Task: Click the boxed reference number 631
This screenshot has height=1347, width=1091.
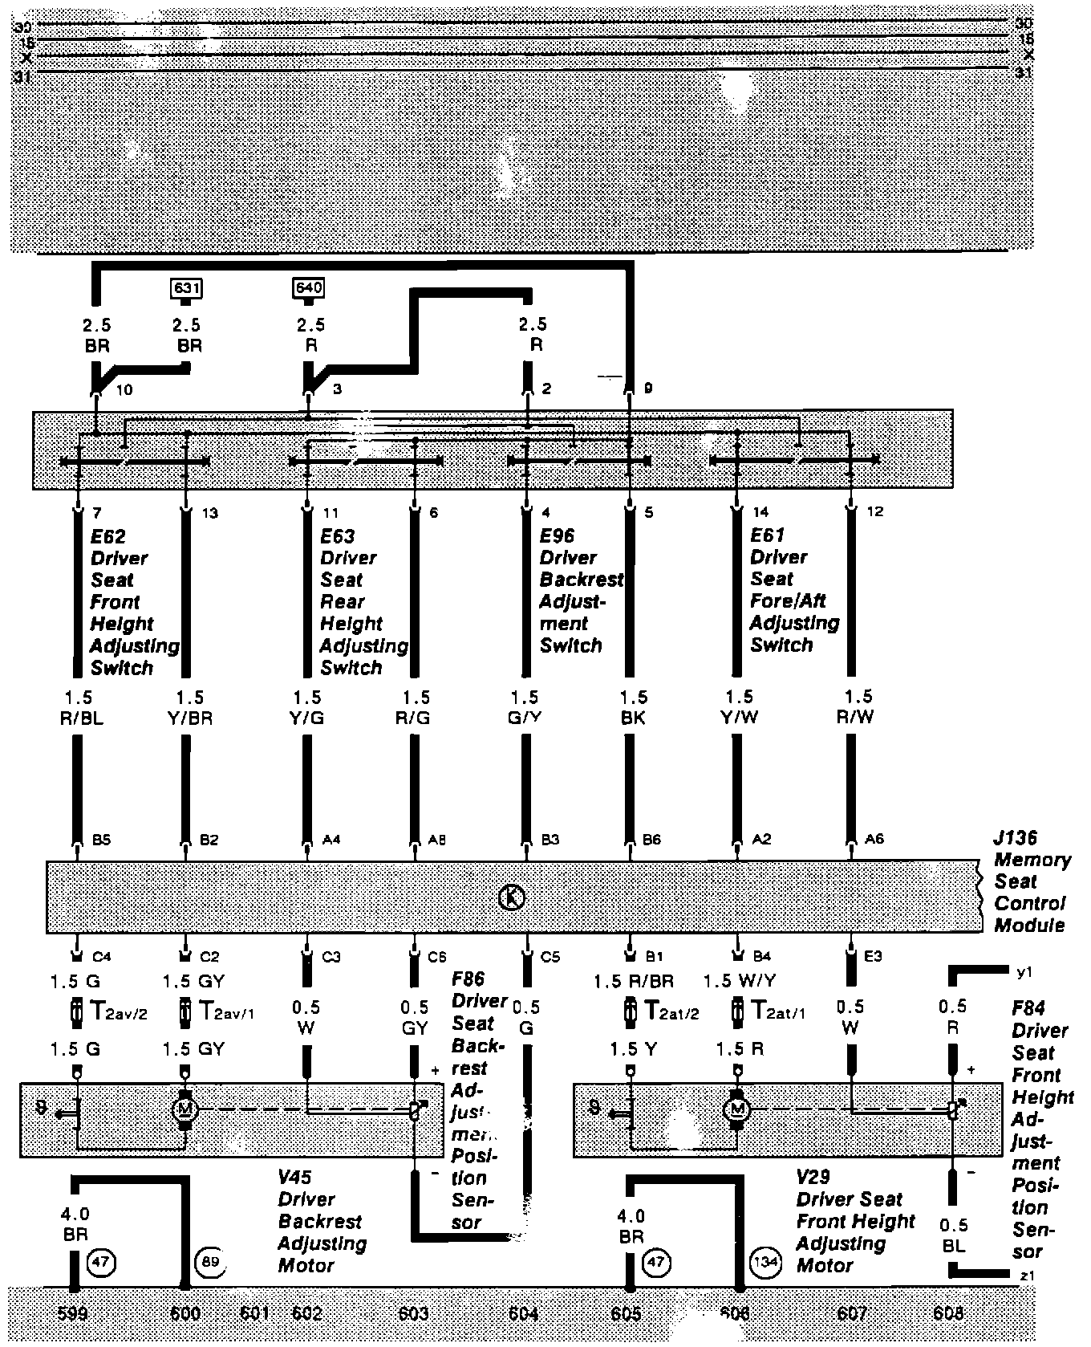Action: (x=186, y=287)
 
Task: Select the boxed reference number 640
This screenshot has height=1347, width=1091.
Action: (x=310, y=287)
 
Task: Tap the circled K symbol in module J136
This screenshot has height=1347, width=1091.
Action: (x=512, y=897)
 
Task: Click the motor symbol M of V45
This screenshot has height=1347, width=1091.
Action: (x=185, y=1109)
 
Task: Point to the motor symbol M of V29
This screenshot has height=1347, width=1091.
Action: (x=736, y=1110)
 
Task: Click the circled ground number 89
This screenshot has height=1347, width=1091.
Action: (x=210, y=1261)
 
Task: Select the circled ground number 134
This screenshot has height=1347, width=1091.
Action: (x=764, y=1261)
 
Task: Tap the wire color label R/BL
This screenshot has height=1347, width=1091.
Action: (x=82, y=718)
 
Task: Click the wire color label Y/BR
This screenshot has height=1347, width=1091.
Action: (x=190, y=718)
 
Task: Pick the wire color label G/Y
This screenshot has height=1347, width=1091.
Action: (x=525, y=718)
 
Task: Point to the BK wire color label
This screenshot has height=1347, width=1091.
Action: (x=632, y=718)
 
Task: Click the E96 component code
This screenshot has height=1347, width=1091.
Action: (x=557, y=536)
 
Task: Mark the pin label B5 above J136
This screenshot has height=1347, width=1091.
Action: (x=101, y=840)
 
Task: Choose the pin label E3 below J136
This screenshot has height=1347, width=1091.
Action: (x=873, y=957)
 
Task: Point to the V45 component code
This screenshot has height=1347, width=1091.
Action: (x=295, y=1178)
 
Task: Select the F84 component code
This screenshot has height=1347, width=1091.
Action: (x=1028, y=1009)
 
